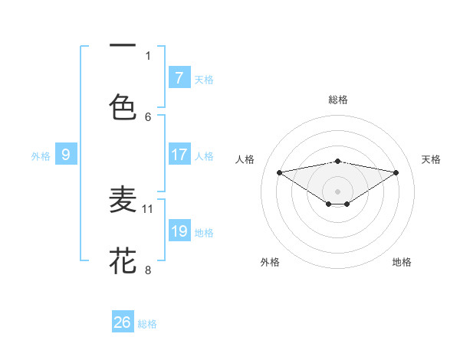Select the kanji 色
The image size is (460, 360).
point(123,105)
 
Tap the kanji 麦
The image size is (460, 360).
point(123,201)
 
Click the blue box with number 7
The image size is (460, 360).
point(179,77)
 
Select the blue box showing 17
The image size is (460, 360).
point(179,155)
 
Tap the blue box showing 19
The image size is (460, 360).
point(179,231)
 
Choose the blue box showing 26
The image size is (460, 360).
point(123,322)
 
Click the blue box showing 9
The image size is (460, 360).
point(66,155)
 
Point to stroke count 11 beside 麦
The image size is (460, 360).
point(148,208)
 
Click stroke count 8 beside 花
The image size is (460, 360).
point(148,270)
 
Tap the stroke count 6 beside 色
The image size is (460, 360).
point(148,116)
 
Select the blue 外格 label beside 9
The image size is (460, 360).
point(41,155)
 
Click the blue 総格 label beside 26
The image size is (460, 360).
point(147,324)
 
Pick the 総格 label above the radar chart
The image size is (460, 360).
point(337,100)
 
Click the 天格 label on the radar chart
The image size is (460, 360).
point(431,159)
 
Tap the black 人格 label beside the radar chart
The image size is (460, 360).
point(245,159)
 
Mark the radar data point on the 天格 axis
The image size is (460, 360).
point(396,172)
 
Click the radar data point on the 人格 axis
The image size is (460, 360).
point(280,172)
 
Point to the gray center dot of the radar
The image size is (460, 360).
point(337,191)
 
